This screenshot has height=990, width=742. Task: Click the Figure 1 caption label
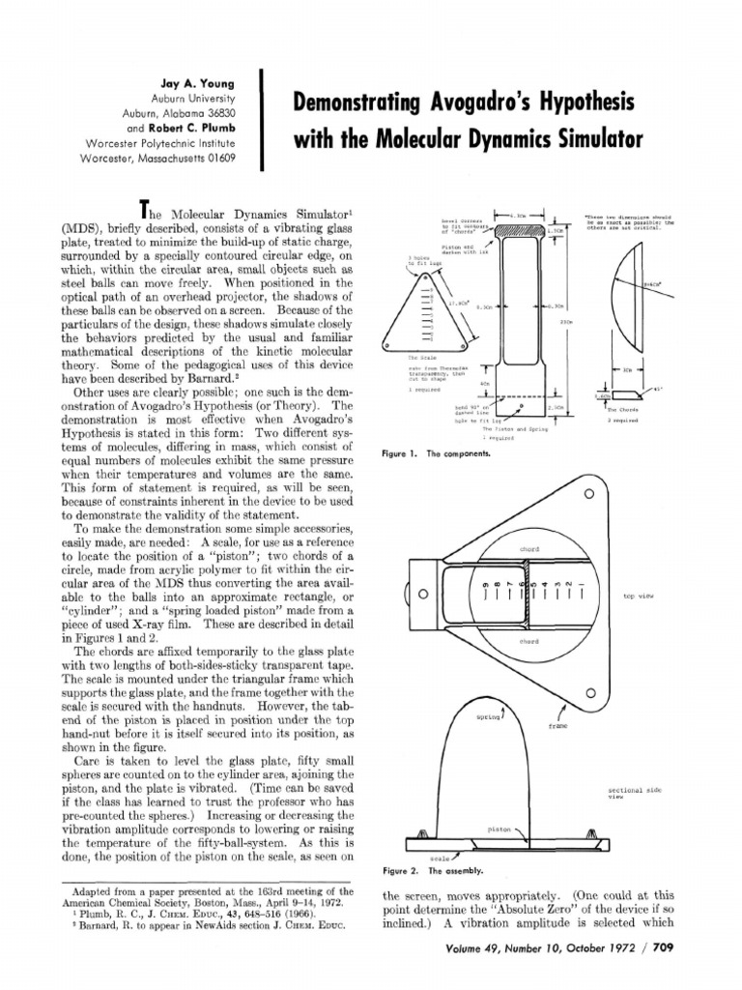tap(396, 453)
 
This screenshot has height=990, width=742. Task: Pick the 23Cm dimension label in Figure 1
tap(566, 321)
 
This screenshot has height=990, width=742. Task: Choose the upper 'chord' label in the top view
tap(528, 548)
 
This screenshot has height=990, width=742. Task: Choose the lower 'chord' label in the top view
tap(528, 641)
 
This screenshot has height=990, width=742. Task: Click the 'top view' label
tap(638, 597)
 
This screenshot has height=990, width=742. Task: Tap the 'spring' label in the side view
tap(486, 718)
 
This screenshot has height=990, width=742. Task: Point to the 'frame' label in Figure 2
tap(557, 724)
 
